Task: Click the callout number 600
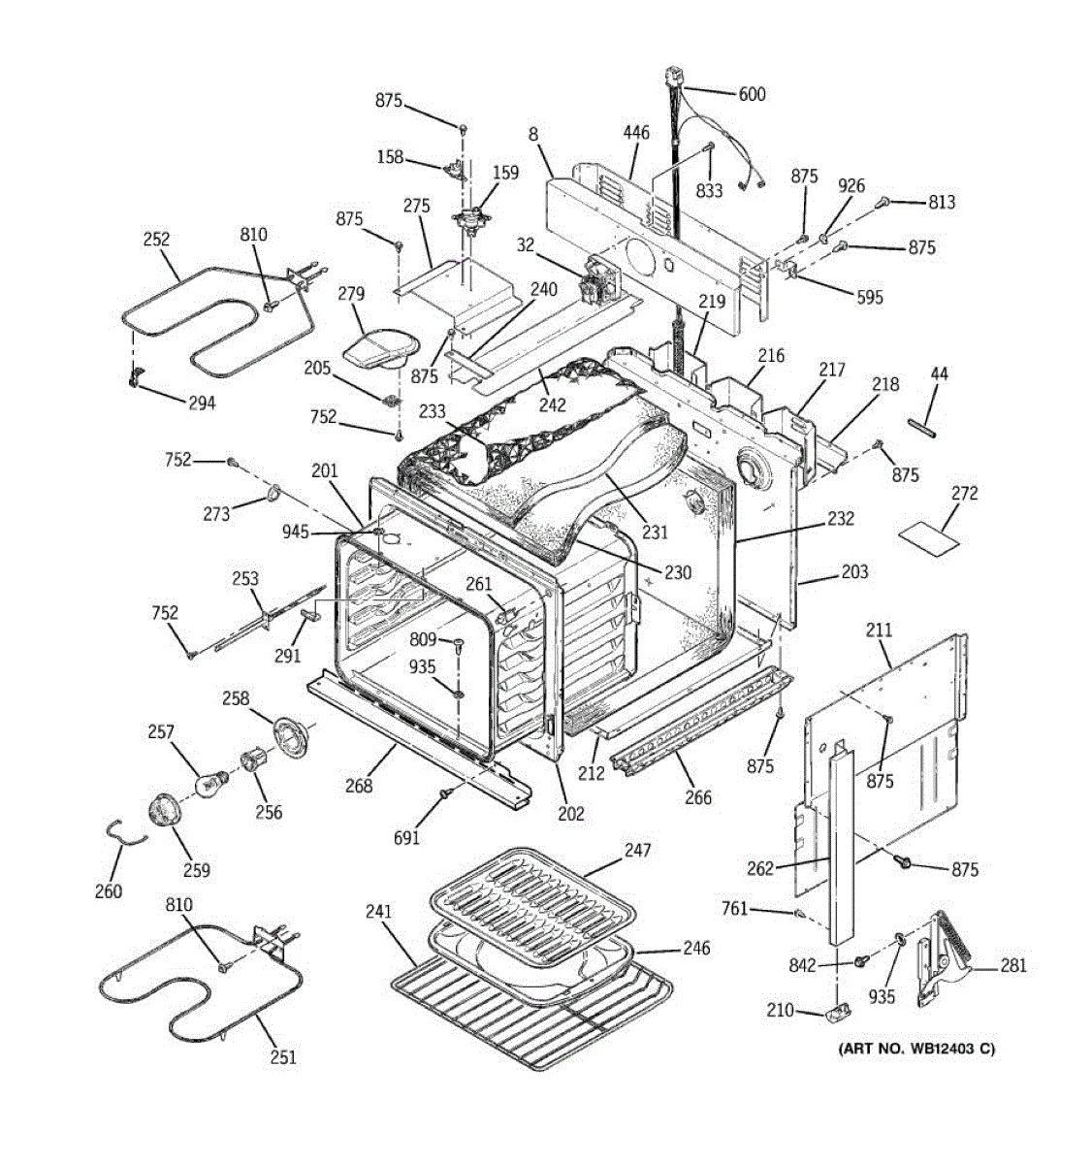pos(752,94)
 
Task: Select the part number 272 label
pos(964,493)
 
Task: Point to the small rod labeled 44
pos(921,427)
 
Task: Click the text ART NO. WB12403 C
pos(916,1048)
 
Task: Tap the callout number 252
pos(155,239)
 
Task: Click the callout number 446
pos(636,133)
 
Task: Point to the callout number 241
pos(378,912)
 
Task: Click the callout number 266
pos(697,797)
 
